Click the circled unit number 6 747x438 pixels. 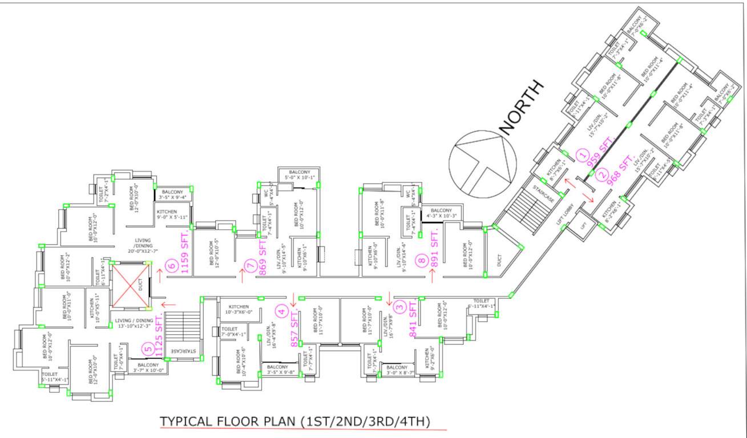click(x=171, y=265)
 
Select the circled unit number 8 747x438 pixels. click(x=422, y=261)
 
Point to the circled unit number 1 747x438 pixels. click(x=582, y=153)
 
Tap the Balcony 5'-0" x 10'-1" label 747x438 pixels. click(x=300, y=175)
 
